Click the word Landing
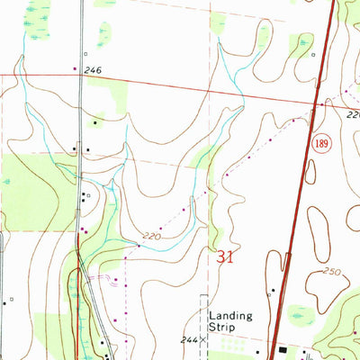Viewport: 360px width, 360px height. pos(230,316)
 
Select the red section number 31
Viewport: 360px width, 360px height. pos(226,256)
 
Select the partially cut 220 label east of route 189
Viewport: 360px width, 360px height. pos(353,115)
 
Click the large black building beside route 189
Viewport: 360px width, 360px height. pos(281,350)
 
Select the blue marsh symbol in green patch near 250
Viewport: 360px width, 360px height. pos(304,315)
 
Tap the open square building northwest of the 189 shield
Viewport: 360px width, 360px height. pos(312,54)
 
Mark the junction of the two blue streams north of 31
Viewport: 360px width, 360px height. pos(109,185)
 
